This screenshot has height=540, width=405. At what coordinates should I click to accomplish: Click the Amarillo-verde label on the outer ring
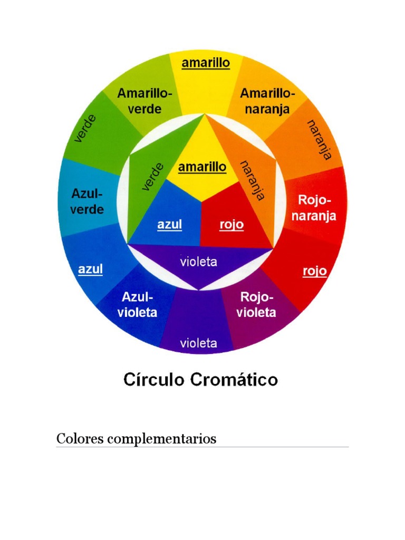144,101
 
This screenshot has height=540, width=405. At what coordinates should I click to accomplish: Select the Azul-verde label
87,201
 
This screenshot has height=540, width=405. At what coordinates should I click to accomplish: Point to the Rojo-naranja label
317,208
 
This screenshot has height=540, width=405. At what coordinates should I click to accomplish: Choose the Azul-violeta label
137,304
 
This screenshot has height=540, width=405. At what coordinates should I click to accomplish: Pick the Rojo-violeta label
256,304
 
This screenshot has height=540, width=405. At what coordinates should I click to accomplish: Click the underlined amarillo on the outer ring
206,63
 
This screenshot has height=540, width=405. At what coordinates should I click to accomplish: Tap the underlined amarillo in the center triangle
202,167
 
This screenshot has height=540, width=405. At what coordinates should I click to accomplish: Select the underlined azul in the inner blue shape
169,225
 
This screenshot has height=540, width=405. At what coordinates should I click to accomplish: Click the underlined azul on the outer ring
90,269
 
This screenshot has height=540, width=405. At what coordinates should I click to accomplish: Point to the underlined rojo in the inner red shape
232,225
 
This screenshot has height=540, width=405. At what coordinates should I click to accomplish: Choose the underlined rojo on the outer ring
314,272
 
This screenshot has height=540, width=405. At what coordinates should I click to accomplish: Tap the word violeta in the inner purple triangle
198,262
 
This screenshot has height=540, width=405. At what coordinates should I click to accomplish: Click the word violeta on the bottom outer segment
198,343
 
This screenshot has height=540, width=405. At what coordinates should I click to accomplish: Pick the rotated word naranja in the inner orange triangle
252,180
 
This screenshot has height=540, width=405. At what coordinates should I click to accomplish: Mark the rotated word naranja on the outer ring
319,139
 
